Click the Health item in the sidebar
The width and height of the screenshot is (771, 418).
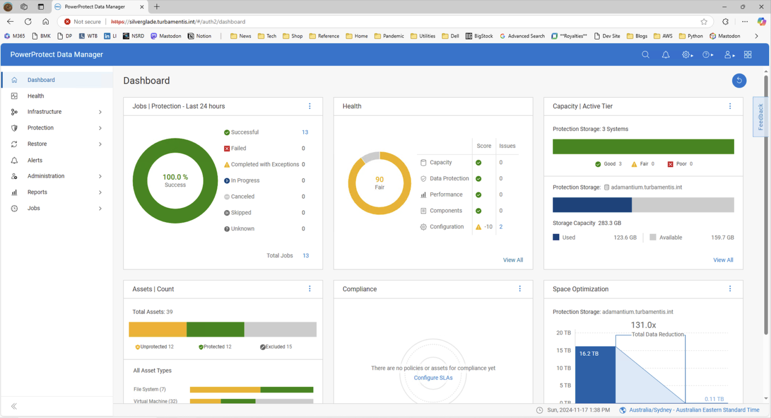pos(36,96)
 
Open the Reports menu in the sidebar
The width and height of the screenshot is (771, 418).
pos(37,192)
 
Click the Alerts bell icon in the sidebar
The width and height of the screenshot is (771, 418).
pos(14,160)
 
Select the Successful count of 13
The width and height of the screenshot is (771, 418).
pos(305,132)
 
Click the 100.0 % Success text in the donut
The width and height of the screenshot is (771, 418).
pos(175,181)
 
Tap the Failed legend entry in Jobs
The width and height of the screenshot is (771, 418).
pos(238,148)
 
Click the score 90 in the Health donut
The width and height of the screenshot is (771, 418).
pos(380,179)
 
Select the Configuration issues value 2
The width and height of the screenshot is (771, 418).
pos(501,227)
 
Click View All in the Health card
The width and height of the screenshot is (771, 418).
pos(513,260)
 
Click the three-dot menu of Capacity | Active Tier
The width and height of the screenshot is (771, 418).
pos(730,106)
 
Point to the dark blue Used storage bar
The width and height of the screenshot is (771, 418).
pos(592,205)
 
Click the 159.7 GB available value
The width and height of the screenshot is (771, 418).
pos(722,237)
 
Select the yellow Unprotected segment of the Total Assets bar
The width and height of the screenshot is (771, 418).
pos(158,329)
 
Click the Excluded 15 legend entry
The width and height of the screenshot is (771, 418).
pos(276,347)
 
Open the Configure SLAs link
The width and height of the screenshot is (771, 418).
pos(433,378)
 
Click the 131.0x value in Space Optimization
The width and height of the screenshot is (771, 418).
pos(643,325)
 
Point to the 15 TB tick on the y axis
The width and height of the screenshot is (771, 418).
pos(563,351)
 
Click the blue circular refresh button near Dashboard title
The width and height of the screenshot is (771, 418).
pos(739,80)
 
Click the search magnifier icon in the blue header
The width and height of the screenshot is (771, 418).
pos(646,55)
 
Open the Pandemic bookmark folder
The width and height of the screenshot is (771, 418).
pos(389,36)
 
